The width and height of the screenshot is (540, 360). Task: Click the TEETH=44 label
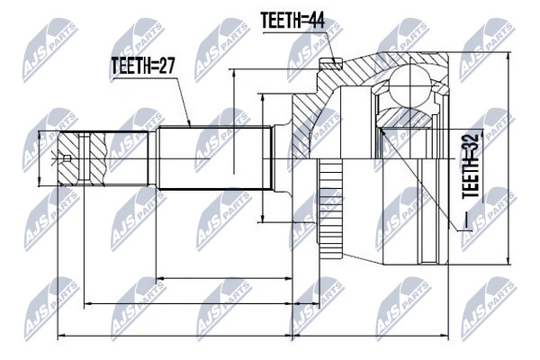(292, 21)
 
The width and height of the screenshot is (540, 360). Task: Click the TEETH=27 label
(143, 66)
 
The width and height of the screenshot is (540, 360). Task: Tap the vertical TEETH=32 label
(471, 166)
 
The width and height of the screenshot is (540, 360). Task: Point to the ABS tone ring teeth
(329, 209)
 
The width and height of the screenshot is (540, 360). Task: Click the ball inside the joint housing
(410, 85)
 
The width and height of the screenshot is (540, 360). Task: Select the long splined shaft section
(214, 158)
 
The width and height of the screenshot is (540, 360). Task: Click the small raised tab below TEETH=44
(330, 63)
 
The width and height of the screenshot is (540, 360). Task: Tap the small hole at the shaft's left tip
(67, 158)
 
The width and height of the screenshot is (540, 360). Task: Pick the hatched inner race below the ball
(403, 118)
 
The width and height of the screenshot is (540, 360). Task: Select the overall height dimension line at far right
(508, 158)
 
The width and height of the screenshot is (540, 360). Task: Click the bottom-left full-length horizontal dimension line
(175, 335)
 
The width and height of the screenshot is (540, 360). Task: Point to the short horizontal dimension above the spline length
(224, 278)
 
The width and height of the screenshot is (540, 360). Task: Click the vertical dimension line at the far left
(40, 158)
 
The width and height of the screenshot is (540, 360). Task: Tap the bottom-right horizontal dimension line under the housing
(371, 335)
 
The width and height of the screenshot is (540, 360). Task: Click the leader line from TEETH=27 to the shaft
(152, 103)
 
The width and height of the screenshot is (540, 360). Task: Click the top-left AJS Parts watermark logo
(50, 50)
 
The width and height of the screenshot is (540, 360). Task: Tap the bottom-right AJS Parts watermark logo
(489, 309)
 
